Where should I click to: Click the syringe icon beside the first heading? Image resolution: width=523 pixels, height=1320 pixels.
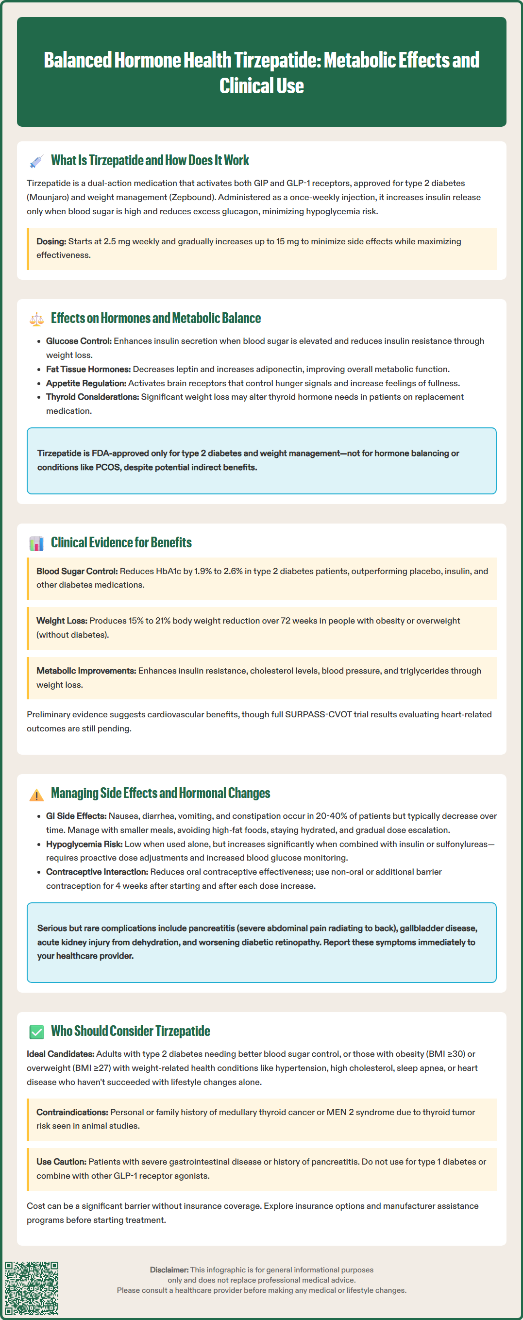coord(36,161)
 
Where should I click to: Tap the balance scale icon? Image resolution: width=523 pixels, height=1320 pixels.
coord(36,319)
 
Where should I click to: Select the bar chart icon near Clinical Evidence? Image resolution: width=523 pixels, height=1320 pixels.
coord(36,543)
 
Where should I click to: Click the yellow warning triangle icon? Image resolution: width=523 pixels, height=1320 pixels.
coord(36,795)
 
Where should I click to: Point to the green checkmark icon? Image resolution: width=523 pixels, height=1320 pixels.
coord(36,1032)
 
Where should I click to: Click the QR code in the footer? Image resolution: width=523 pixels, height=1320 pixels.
coord(32,1288)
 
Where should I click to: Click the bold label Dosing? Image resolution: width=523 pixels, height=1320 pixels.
coord(51,241)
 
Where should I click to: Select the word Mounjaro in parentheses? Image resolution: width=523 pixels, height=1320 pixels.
coord(49,197)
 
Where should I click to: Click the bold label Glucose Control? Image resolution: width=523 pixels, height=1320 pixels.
coord(78,341)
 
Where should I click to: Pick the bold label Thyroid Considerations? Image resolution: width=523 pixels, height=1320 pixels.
coord(92,397)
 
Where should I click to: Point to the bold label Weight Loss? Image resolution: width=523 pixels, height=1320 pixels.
coord(62,621)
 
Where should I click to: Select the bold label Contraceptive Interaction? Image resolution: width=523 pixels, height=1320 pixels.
coord(97,872)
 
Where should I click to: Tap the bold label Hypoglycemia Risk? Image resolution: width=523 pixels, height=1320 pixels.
coord(84,845)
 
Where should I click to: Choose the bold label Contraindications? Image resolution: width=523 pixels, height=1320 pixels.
coord(72,1113)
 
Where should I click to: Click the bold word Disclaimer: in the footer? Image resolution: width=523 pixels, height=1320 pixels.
coord(169,1270)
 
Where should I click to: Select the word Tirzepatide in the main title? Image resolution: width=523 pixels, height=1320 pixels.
coord(277,61)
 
